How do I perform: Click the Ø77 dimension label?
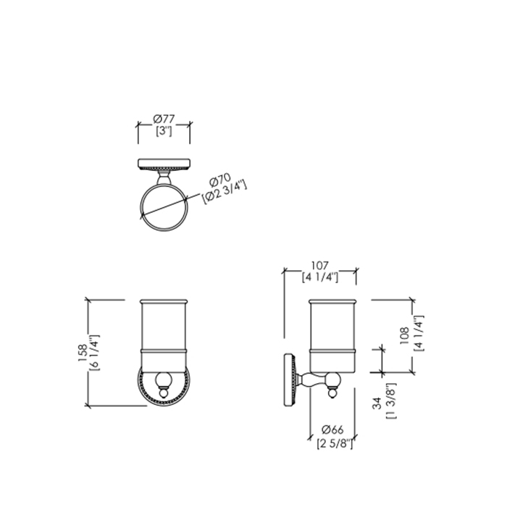click(x=164, y=119)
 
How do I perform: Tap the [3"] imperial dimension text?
click(x=164, y=131)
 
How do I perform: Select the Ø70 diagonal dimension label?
click(x=220, y=180)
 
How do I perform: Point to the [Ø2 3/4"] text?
click(x=225, y=193)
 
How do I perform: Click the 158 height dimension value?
click(x=82, y=353)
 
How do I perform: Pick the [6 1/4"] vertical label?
click(x=94, y=353)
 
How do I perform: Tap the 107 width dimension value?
click(x=320, y=266)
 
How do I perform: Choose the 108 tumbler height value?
click(x=405, y=335)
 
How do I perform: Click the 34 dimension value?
click(x=377, y=403)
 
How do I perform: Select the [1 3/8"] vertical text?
click(x=390, y=401)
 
